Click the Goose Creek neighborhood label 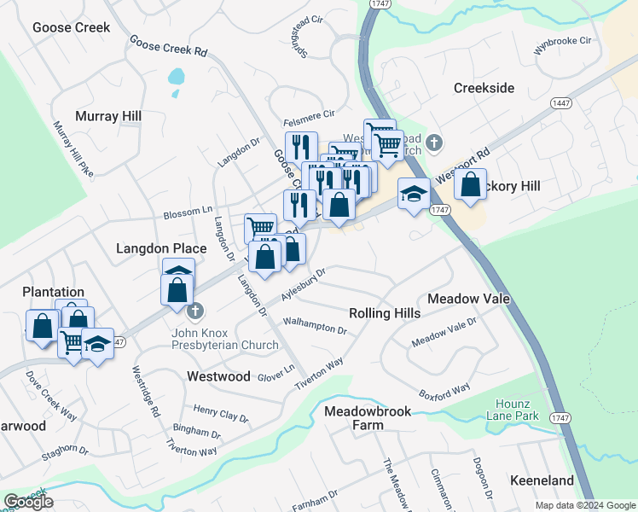72,27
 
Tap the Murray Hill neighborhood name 108,116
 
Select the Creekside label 484,89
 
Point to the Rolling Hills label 385,313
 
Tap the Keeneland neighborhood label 542,481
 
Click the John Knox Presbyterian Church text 225,339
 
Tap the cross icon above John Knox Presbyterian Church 195,310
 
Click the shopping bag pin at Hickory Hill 470,184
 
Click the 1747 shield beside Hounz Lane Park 560,417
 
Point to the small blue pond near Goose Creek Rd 176,77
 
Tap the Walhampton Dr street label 315,325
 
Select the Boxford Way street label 444,391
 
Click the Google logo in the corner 28,502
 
